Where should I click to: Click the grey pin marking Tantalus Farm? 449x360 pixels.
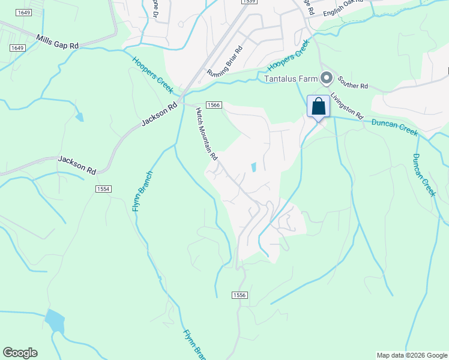coord(327,78)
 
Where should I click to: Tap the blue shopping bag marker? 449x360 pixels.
coord(318,107)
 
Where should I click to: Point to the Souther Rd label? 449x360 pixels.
coord(352,83)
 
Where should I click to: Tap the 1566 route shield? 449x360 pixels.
coord(214,104)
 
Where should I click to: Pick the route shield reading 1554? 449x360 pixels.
coord(103,188)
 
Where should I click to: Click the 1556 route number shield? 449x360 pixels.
coord(239,295)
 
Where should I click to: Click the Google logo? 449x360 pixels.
coord(20,353)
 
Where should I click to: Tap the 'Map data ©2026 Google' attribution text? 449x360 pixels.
coord(412,355)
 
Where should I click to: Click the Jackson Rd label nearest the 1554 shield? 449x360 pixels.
coord(77,165)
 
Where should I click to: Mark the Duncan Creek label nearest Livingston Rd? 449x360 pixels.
coord(394,127)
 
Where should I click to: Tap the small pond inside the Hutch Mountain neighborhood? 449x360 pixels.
coord(254,167)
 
